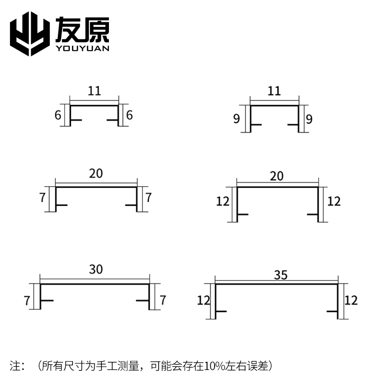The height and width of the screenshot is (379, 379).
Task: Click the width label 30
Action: pyautogui.click(x=95, y=270)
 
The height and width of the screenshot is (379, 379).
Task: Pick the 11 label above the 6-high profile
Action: pyautogui.click(x=94, y=90)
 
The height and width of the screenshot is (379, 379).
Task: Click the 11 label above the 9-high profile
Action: pyautogui.click(x=274, y=90)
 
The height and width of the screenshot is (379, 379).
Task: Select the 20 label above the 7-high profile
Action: pyautogui.click(x=96, y=173)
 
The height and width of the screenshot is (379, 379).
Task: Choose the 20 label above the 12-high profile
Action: pyautogui.click(x=277, y=176)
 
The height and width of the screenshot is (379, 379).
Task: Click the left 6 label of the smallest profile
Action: pyautogui.click(x=58, y=115)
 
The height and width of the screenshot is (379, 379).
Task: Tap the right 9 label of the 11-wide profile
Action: pyautogui.click(x=309, y=118)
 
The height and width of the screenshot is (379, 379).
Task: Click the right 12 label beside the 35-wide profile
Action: pyautogui.click(x=351, y=300)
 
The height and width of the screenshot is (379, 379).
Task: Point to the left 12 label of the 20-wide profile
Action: pyautogui.click(x=223, y=201)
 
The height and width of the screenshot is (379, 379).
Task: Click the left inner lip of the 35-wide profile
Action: pyautogui.click(x=221, y=311)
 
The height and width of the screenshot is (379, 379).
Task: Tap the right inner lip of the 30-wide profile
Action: pyautogui.click(x=142, y=300)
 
